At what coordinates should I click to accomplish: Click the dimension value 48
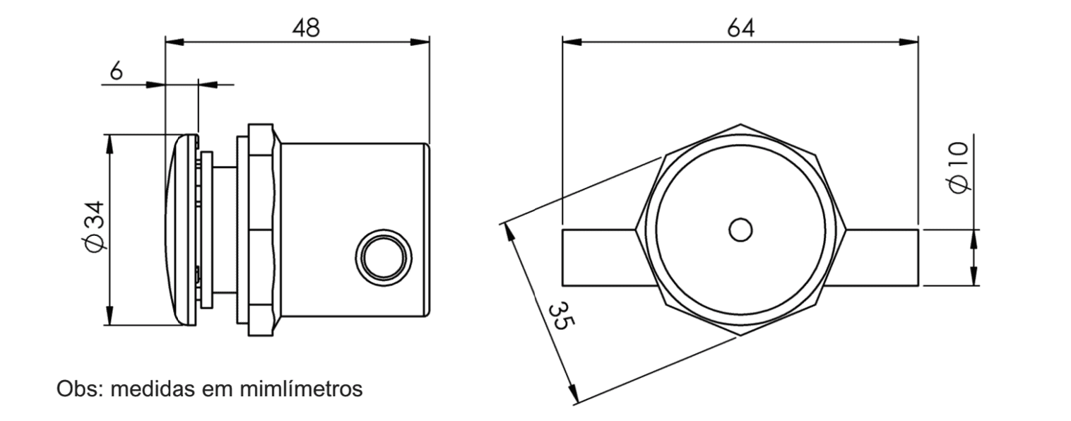pyautogui.click(x=306, y=28)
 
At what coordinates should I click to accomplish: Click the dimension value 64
pyautogui.click(x=741, y=28)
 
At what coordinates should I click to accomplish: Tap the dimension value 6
pyautogui.click(x=117, y=70)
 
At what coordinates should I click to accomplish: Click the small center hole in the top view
pyautogui.click(x=740, y=230)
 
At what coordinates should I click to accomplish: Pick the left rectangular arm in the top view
pyautogui.click(x=599, y=258)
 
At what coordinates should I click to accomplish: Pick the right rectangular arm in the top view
pyautogui.click(x=882, y=258)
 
